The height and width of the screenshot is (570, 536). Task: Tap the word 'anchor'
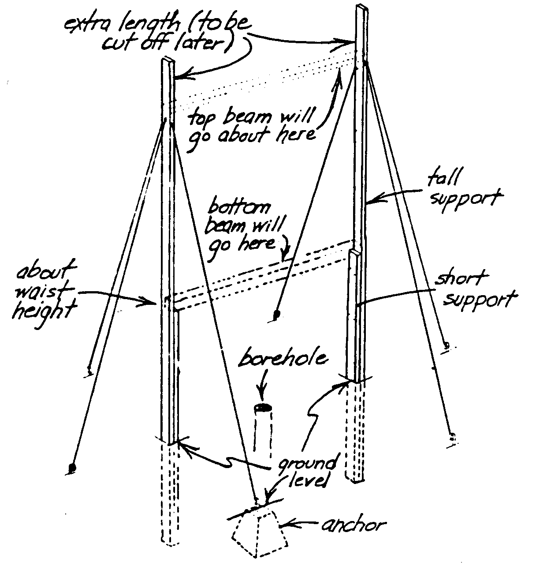(x=353, y=525)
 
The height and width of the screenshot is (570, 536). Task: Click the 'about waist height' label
(x=44, y=292)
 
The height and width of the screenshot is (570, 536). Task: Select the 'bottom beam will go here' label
(x=247, y=226)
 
